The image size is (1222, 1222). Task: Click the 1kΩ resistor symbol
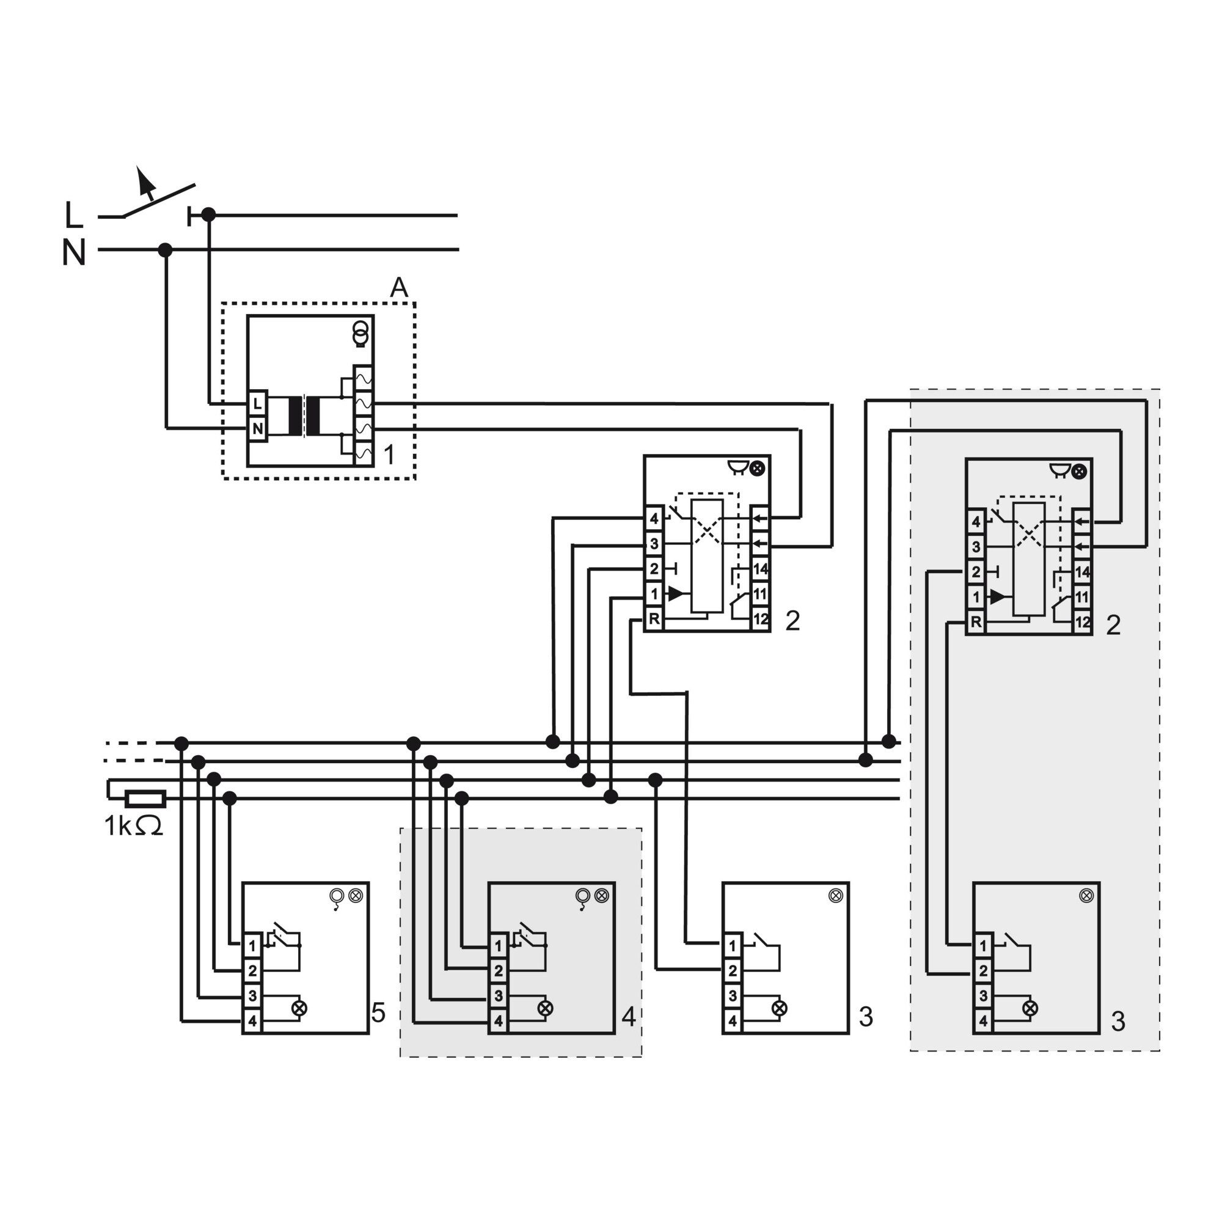click(145, 799)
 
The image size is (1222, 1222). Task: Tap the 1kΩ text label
click(133, 826)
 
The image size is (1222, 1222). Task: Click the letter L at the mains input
click(74, 215)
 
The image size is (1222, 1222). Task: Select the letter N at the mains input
click(74, 252)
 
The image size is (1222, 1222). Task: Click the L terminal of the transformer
click(257, 403)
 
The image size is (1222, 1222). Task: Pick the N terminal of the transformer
click(257, 428)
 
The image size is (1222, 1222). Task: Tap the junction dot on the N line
click(165, 250)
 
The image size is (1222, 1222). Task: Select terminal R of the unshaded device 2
click(654, 619)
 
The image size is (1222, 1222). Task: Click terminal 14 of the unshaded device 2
click(759, 569)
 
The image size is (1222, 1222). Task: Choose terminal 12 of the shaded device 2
click(1082, 623)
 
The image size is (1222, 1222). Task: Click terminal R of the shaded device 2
click(976, 623)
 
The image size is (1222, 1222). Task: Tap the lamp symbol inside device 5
click(299, 1008)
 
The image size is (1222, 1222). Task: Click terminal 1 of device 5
click(252, 946)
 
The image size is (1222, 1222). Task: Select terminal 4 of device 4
click(498, 1021)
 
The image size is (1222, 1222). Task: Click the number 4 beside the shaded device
click(629, 1017)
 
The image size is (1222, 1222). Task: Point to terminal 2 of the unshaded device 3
click(732, 970)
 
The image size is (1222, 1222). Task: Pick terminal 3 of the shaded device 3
click(982, 995)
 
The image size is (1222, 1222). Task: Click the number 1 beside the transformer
click(390, 453)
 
